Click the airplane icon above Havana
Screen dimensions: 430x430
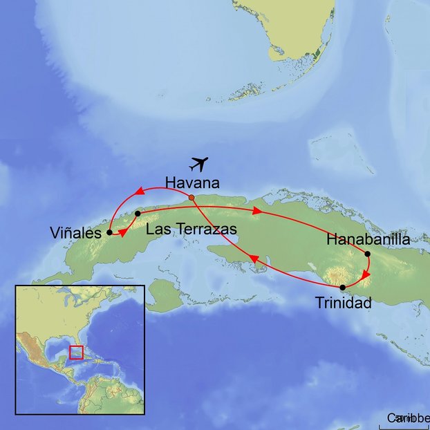coord(199,165)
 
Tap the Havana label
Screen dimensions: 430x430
coord(192,183)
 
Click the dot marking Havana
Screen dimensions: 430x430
coord(191,198)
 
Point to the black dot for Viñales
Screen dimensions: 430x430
coord(109,233)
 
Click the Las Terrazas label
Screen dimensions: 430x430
coord(191,228)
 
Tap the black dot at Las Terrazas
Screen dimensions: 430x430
coord(138,214)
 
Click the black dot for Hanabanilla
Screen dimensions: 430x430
coord(368,254)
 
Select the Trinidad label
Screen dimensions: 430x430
coord(344,302)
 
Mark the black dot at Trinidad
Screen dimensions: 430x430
coord(343,287)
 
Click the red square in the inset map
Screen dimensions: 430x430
coord(76,352)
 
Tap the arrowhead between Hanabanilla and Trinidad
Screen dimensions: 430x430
coord(366,275)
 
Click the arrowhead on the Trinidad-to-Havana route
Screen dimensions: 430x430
coord(253,259)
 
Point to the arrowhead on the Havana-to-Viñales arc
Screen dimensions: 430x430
coord(138,191)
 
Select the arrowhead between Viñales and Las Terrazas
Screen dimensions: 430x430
coord(123,232)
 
